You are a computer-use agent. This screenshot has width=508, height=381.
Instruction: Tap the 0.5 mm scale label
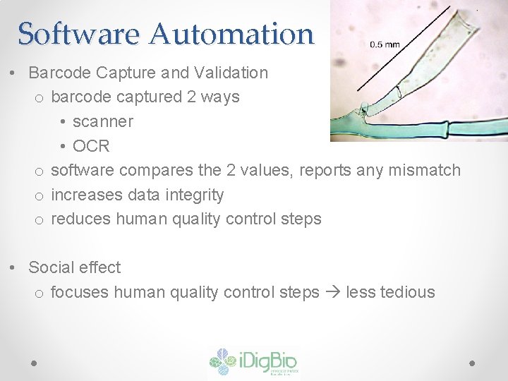[x=385, y=44]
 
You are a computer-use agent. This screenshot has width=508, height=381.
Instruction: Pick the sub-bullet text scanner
[x=102, y=121]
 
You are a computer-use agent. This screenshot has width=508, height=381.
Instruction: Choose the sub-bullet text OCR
[x=91, y=146]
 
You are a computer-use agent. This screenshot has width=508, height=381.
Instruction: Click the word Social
[x=52, y=267]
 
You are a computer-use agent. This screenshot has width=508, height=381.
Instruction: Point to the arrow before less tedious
[x=332, y=292]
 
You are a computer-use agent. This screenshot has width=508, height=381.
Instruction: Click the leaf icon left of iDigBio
[x=224, y=361]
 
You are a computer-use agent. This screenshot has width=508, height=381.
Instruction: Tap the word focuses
[x=79, y=292]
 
